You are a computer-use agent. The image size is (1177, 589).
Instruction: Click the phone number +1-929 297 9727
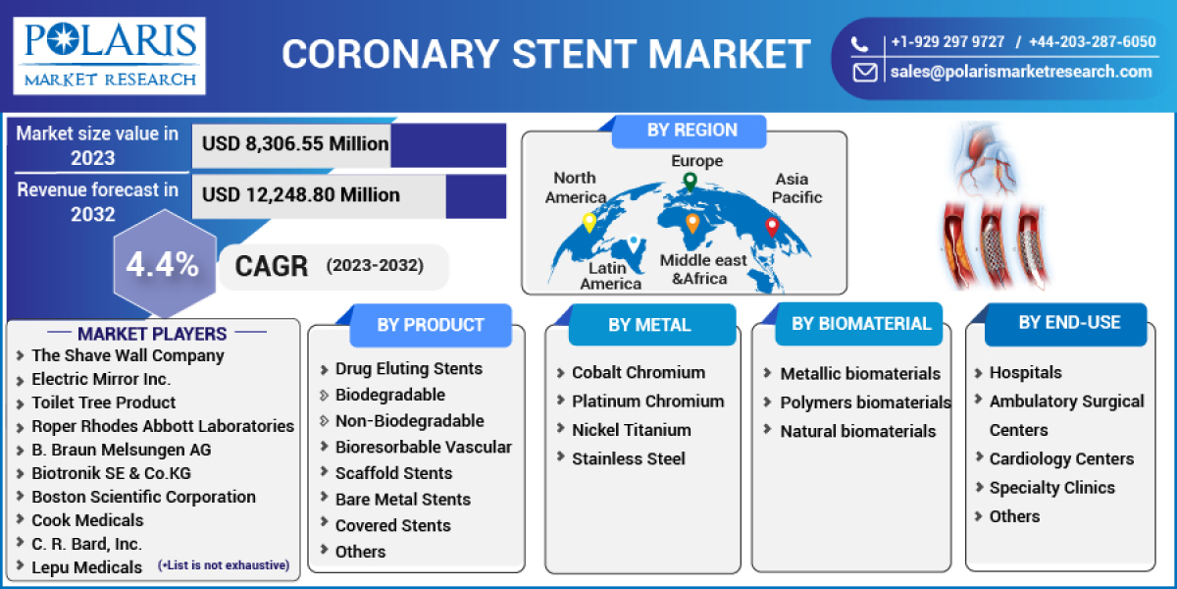[x=947, y=42]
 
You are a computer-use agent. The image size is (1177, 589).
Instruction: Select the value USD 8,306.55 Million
[x=295, y=144]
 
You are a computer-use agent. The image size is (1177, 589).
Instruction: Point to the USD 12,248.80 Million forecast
[x=300, y=195]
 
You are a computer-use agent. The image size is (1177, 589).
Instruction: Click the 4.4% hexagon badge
[x=163, y=265]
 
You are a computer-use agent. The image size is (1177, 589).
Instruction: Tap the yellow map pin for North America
[x=588, y=222]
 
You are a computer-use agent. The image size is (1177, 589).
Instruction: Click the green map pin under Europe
[x=690, y=182]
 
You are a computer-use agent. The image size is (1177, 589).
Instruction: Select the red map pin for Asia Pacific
[x=771, y=227]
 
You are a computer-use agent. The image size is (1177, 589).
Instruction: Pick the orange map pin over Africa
[x=692, y=223]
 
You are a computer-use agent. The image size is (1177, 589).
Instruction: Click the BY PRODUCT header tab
[x=430, y=325]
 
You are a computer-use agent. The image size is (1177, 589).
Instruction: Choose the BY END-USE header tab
[x=1068, y=322]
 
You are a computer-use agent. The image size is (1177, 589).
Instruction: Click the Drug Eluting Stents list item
[x=408, y=369]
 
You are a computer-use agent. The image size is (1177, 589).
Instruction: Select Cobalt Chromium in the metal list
[x=638, y=373]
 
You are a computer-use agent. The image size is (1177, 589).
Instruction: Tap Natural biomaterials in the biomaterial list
[x=857, y=431]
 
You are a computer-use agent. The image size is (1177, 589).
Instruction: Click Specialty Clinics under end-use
[x=1051, y=488]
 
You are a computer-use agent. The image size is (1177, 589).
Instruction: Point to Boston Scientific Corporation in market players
[x=143, y=497]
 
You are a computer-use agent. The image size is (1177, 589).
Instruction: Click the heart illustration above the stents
[x=984, y=157]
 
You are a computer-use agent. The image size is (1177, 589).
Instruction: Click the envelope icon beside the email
[x=865, y=72]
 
